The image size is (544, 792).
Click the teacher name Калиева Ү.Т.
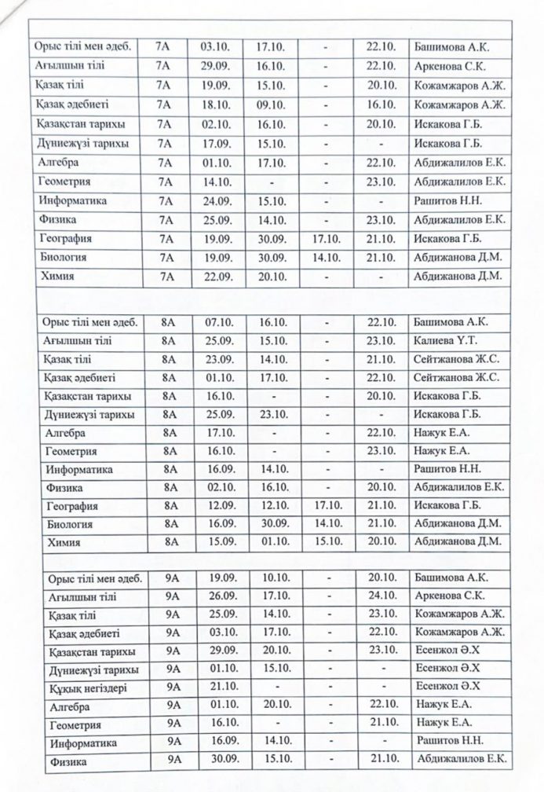pos(441,340)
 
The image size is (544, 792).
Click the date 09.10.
pos(270,104)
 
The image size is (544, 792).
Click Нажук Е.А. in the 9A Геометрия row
pos(444,723)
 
